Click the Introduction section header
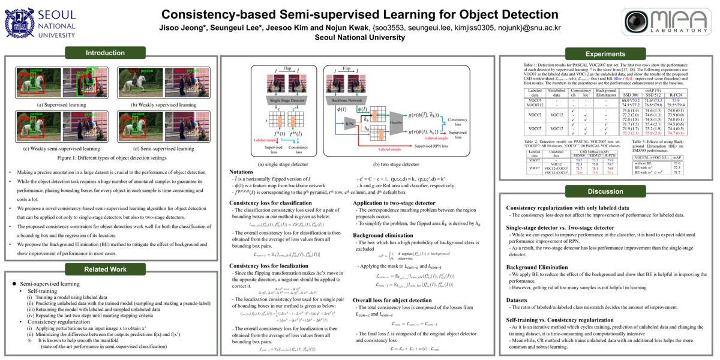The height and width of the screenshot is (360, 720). click(x=105, y=53)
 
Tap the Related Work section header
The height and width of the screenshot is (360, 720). click(x=105, y=269)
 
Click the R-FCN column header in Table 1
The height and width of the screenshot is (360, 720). click(x=675, y=95)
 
